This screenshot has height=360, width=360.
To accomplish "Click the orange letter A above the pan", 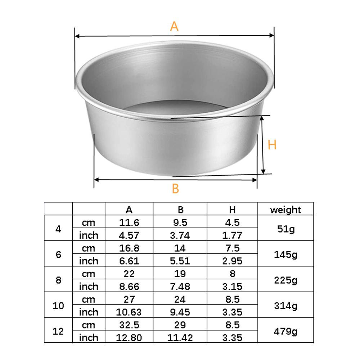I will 174,26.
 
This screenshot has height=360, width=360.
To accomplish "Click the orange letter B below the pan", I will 175,188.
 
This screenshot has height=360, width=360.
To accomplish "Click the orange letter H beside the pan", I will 272,145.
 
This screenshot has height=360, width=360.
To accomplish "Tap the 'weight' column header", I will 285,210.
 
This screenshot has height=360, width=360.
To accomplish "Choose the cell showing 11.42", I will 180,338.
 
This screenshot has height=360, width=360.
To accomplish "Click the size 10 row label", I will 58,306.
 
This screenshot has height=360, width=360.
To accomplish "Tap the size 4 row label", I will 58,229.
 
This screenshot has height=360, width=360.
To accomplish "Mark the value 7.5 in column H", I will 232,248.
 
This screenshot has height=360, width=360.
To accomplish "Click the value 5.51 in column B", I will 180,261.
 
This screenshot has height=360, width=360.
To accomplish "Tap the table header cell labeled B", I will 180,210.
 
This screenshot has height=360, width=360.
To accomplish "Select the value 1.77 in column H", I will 232,235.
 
